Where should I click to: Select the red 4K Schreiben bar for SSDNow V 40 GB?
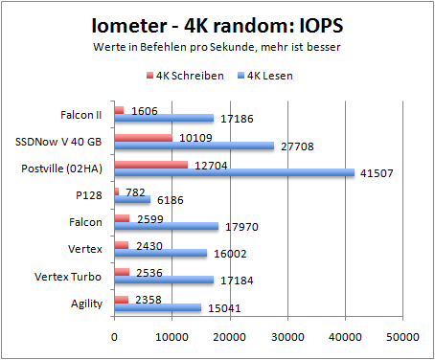144,138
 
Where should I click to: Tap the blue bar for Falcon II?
164,119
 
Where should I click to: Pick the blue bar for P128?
132,200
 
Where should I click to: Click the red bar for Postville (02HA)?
151,165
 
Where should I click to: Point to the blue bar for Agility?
158,308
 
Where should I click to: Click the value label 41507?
376,173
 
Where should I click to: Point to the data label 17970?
240,227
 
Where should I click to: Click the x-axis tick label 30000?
287,337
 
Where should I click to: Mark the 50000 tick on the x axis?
402,337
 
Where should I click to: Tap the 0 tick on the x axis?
115,337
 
